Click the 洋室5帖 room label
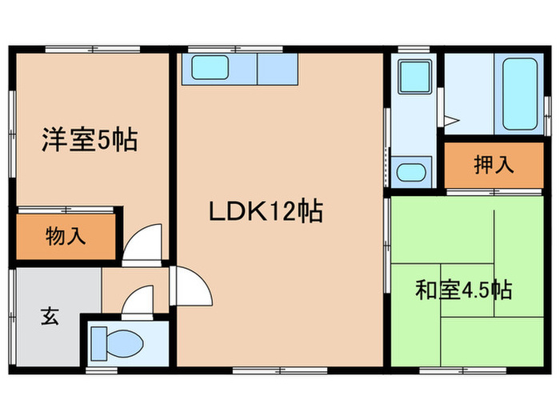click(90, 141)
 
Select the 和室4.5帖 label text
click(463, 290)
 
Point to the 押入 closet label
click(493, 166)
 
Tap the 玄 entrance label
click(49, 317)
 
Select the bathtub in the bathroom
click(515, 94)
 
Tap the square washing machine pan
click(414, 78)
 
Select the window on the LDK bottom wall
click(280, 369)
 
